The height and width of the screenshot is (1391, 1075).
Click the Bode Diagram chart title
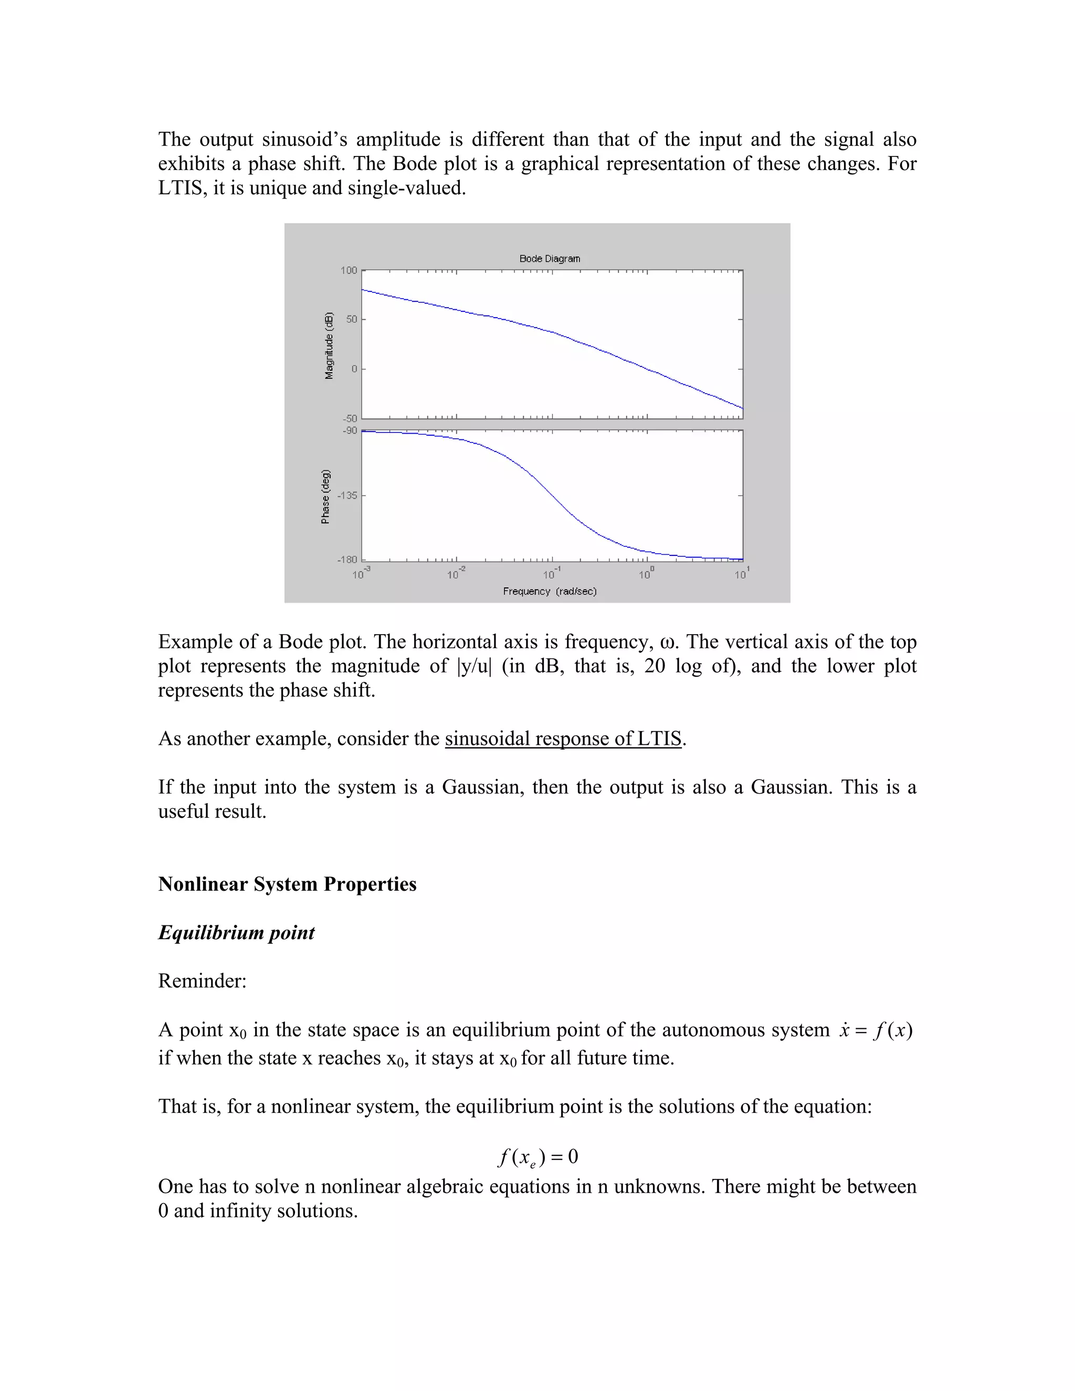(x=550, y=259)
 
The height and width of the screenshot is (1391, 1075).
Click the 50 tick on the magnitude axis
(x=352, y=319)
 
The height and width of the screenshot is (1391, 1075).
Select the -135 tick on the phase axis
(x=347, y=496)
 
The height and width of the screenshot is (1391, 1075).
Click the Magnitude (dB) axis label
(x=329, y=346)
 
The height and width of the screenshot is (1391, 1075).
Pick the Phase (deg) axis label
(x=325, y=497)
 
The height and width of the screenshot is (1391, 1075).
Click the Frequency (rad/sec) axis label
(x=550, y=592)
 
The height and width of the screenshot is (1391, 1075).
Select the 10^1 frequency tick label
(x=742, y=573)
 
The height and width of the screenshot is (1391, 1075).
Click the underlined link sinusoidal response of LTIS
(x=563, y=739)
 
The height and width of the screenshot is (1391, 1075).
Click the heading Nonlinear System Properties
(x=287, y=884)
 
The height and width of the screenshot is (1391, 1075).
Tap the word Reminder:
(x=202, y=982)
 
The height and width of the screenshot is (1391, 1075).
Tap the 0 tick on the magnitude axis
(x=354, y=370)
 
